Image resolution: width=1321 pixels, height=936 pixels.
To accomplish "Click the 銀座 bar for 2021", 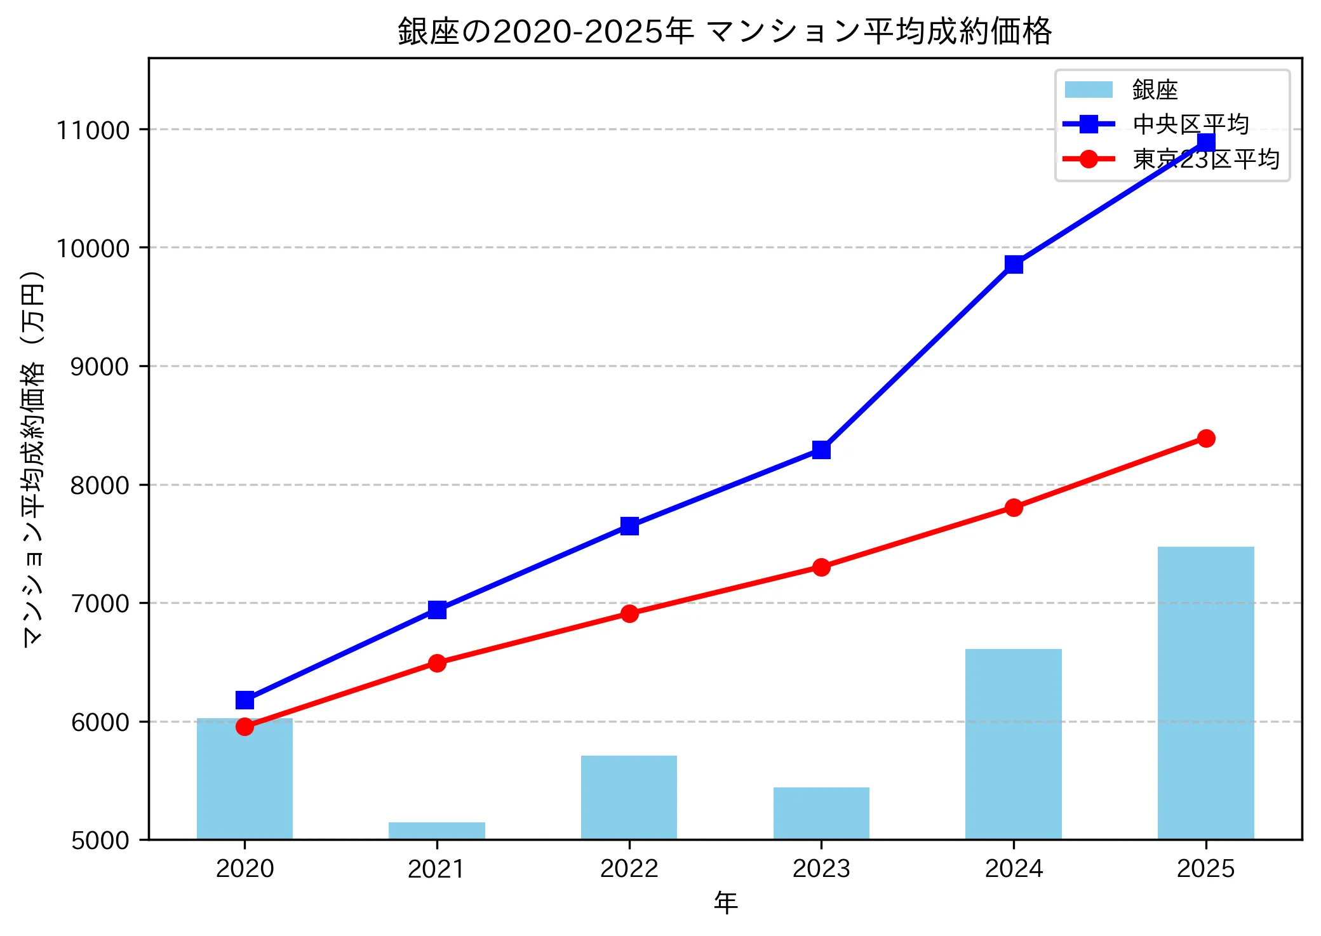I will pos(436,831).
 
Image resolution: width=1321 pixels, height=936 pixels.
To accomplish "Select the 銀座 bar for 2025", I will pos(1205,693).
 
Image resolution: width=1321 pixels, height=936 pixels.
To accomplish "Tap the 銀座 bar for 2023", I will pos(821,813).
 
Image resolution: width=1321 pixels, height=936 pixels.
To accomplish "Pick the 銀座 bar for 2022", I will pos(629,798).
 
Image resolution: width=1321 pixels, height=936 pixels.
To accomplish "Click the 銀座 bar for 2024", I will pos(1013,744).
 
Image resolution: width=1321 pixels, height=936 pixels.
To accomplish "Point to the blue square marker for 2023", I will pos(821,450).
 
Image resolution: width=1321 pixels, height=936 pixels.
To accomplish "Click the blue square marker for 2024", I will pos(1014,264).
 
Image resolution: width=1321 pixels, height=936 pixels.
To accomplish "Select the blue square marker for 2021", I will pos(437,610).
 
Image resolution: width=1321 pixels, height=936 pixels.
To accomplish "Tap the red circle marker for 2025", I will pos(1206,438).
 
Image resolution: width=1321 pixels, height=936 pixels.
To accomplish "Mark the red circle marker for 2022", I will pos(629,613).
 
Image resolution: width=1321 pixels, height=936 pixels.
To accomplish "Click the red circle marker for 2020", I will pos(245,726).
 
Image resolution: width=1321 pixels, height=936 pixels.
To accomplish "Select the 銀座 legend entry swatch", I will pos(1089,90).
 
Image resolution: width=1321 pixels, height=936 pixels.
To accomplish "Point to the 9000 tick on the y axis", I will pos(100,366).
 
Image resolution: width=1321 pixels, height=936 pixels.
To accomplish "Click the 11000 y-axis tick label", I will pos(93,130).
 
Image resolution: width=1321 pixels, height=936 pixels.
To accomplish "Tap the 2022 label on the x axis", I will pos(629,869).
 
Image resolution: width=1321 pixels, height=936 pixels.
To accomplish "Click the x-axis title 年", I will pos(725,902).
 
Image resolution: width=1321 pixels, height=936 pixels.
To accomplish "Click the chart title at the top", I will pos(725,31).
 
